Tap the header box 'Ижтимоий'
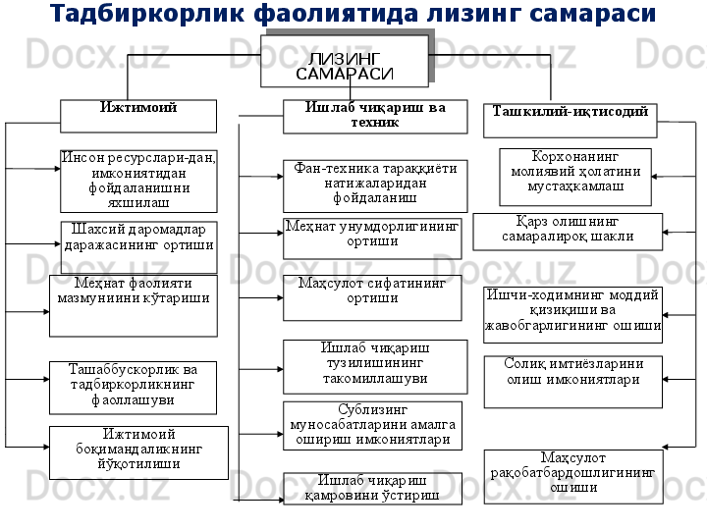tap(138, 115)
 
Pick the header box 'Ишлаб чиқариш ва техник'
tap(375, 116)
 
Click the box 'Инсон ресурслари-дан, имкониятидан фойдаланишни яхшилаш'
tap(138, 181)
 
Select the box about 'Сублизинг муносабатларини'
tap(372, 425)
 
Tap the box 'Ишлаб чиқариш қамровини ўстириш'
tap(372, 488)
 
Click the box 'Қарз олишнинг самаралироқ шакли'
tap(568, 232)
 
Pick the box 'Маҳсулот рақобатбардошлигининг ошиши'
tap(573, 476)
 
